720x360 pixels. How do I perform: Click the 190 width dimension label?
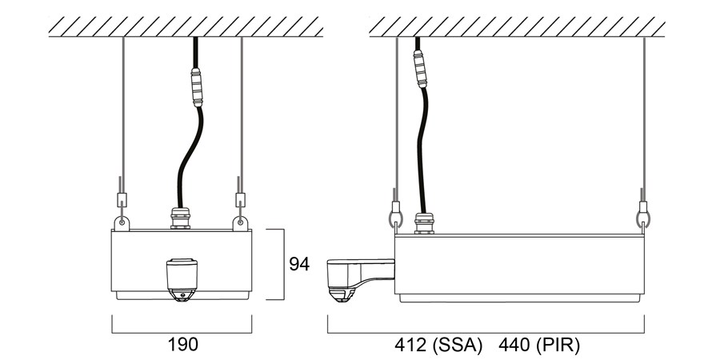[182, 344]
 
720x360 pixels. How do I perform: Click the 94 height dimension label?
[299, 264]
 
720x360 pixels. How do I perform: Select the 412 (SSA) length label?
[438, 346]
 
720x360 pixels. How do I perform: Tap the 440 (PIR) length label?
[539, 346]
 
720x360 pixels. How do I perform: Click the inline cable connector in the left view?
[197, 87]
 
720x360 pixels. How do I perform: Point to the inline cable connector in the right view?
[421, 69]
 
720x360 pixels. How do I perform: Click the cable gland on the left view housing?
[181, 218]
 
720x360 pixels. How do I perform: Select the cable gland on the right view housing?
[424, 223]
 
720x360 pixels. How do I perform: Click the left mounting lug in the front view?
[122, 223]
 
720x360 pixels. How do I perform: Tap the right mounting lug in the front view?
[240, 223]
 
